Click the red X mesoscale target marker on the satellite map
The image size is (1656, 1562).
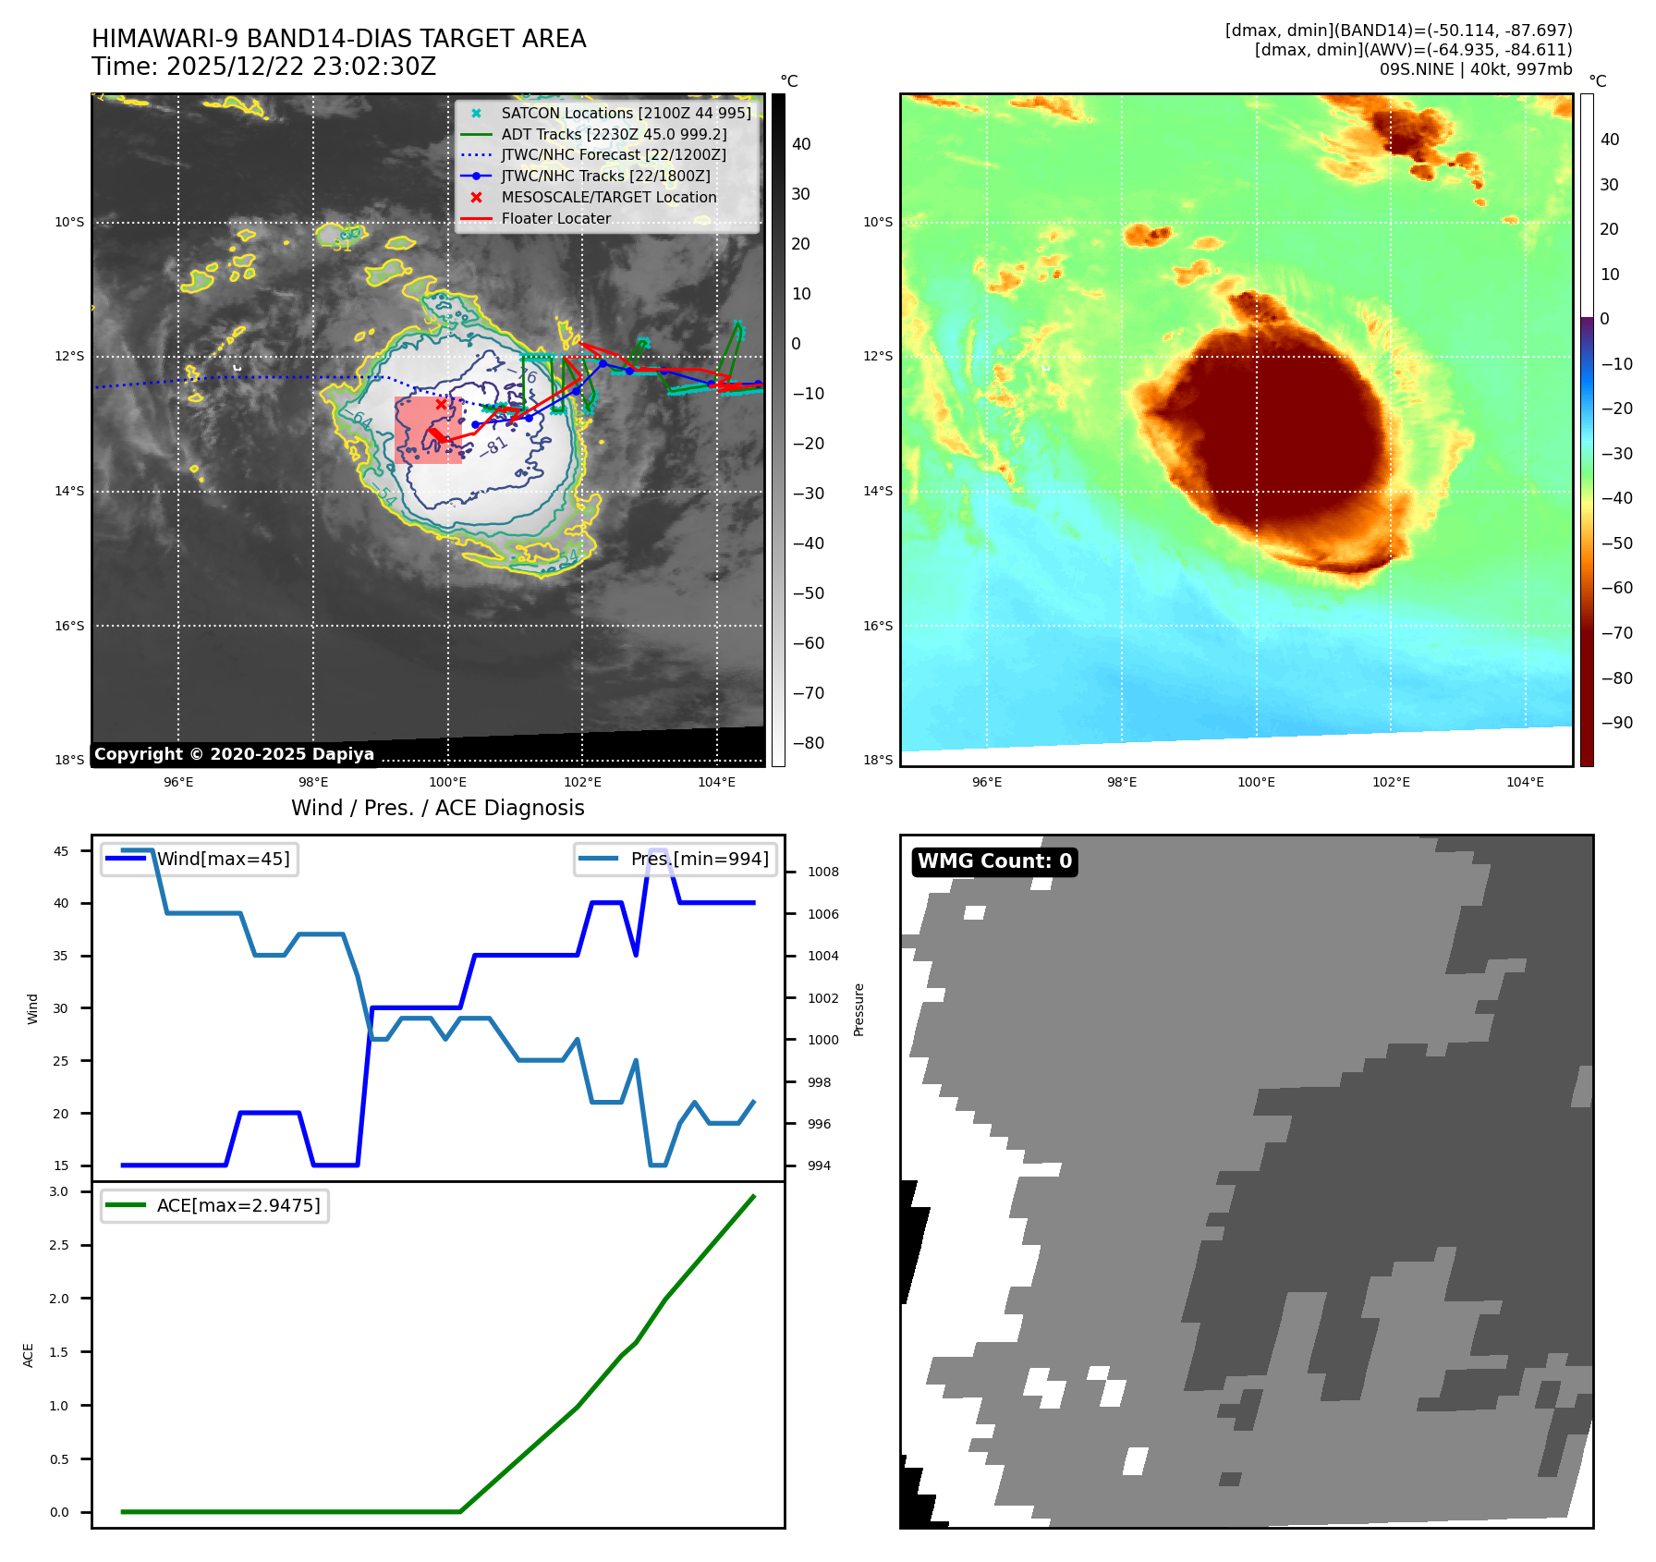[x=441, y=404]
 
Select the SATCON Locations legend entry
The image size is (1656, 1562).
[x=626, y=113]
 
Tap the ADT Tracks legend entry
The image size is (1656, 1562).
[x=614, y=134]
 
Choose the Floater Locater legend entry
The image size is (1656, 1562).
[x=555, y=218]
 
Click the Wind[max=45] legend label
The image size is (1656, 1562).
[x=223, y=859]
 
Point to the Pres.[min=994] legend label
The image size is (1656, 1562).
[x=699, y=859]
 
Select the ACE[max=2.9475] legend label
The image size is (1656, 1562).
[x=238, y=1205]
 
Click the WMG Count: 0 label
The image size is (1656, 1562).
[x=994, y=861]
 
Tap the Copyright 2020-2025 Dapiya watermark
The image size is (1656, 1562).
[x=234, y=754]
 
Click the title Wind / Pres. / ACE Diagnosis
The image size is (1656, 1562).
[x=437, y=808]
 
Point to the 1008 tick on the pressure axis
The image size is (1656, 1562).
[x=822, y=872]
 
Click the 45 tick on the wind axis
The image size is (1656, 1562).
[x=61, y=851]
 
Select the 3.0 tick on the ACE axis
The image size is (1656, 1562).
[x=59, y=1191]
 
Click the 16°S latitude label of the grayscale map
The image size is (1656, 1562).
[x=69, y=626]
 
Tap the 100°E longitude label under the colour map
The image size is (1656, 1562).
[x=1256, y=782]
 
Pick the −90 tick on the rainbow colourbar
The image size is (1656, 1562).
[x=1616, y=723]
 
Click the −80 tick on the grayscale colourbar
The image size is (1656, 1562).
[x=808, y=743]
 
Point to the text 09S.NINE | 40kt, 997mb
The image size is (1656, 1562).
[x=1475, y=69]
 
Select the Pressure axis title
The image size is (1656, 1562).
[x=858, y=1009]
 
